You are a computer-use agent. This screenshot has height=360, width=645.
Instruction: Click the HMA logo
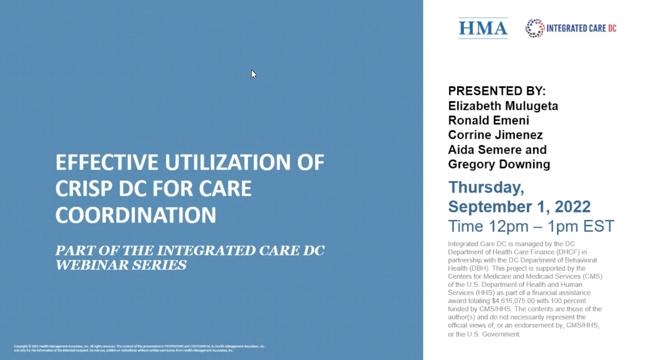[x=483, y=28]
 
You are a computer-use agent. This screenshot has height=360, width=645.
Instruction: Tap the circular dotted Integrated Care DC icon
[x=535, y=28]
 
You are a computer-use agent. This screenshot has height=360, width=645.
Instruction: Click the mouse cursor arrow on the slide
[x=254, y=74]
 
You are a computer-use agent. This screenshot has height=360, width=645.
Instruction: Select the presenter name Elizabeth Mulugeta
[x=503, y=106]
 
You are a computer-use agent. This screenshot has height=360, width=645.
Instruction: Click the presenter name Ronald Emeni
[x=489, y=120]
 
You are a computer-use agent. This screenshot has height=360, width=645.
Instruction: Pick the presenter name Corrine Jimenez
[x=495, y=135]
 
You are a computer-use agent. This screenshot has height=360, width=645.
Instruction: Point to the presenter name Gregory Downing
[x=499, y=164]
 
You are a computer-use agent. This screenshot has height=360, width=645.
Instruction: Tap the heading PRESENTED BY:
[x=497, y=91]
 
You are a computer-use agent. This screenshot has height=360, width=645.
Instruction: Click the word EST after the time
[x=599, y=226]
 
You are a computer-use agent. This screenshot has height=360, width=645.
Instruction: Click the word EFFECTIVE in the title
[x=107, y=162]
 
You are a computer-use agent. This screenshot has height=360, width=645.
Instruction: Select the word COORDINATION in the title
[x=135, y=215]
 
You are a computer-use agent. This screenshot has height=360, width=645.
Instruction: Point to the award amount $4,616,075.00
[x=513, y=301]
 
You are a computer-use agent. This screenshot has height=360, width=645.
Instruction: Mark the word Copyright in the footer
[x=20, y=346]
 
